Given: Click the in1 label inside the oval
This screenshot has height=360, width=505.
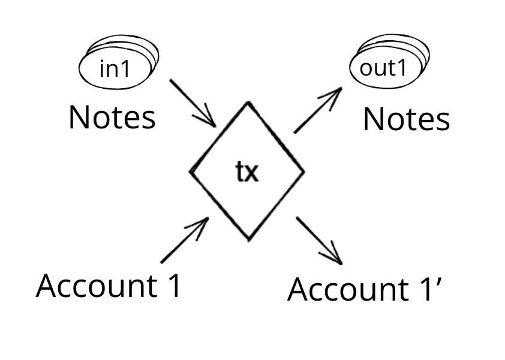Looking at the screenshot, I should click(x=115, y=69).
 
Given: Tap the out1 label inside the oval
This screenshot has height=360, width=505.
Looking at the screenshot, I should click(x=383, y=68).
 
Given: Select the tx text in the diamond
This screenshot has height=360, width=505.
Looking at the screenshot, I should click(x=246, y=173).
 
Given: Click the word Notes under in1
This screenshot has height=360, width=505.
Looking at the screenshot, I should click(x=112, y=118).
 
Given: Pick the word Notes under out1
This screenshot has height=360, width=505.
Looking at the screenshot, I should click(x=406, y=119).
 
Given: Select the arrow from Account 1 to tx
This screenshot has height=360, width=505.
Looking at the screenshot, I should click(x=184, y=240).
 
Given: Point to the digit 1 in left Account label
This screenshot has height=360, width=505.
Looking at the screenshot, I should click(x=173, y=286).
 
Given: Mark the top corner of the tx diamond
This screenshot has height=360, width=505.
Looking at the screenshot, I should click(x=247, y=103).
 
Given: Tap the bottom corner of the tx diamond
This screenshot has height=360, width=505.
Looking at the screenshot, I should click(x=249, y=241).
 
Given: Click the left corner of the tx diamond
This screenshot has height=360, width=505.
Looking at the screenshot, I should click(x=191, y=171).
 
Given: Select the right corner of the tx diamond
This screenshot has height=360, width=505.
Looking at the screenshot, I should click(x=304, y=171).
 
